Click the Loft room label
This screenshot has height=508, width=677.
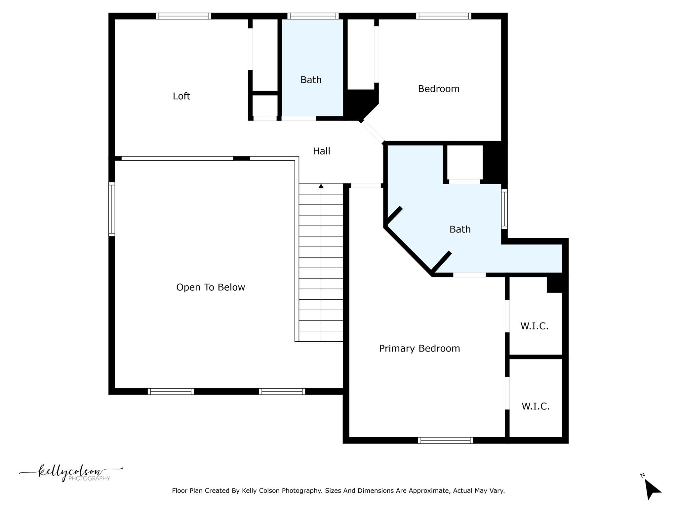[x=181, y=96]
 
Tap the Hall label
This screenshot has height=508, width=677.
[x=321, y=151]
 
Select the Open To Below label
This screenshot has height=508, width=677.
[x=211, y=287]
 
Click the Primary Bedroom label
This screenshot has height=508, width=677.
[x=419, y=348]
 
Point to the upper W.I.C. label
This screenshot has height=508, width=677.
[x=534, y=326]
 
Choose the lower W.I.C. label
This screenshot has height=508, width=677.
[x=535, y=406]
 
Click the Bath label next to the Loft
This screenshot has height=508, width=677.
[x=311, y=80]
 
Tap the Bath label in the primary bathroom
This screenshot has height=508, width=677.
[x=460, y=229]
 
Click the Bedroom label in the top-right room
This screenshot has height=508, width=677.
[x=438, y=89]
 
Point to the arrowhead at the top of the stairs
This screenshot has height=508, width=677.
[x=321, y=186]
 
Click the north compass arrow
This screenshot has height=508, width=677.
[x=652, y=489]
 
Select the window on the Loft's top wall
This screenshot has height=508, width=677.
[x=183, y=16]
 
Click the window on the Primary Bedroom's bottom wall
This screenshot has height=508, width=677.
[x=445, y=440]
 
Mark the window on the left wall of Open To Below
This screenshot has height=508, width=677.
[x=112, y=209]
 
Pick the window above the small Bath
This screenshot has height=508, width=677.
[x=313, y=16]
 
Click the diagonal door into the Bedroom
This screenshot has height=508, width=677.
[x=373, y=132]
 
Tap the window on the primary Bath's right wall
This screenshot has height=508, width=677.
[x=504, y=209]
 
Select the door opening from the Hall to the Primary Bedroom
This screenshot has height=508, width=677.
[x=366, y=186]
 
